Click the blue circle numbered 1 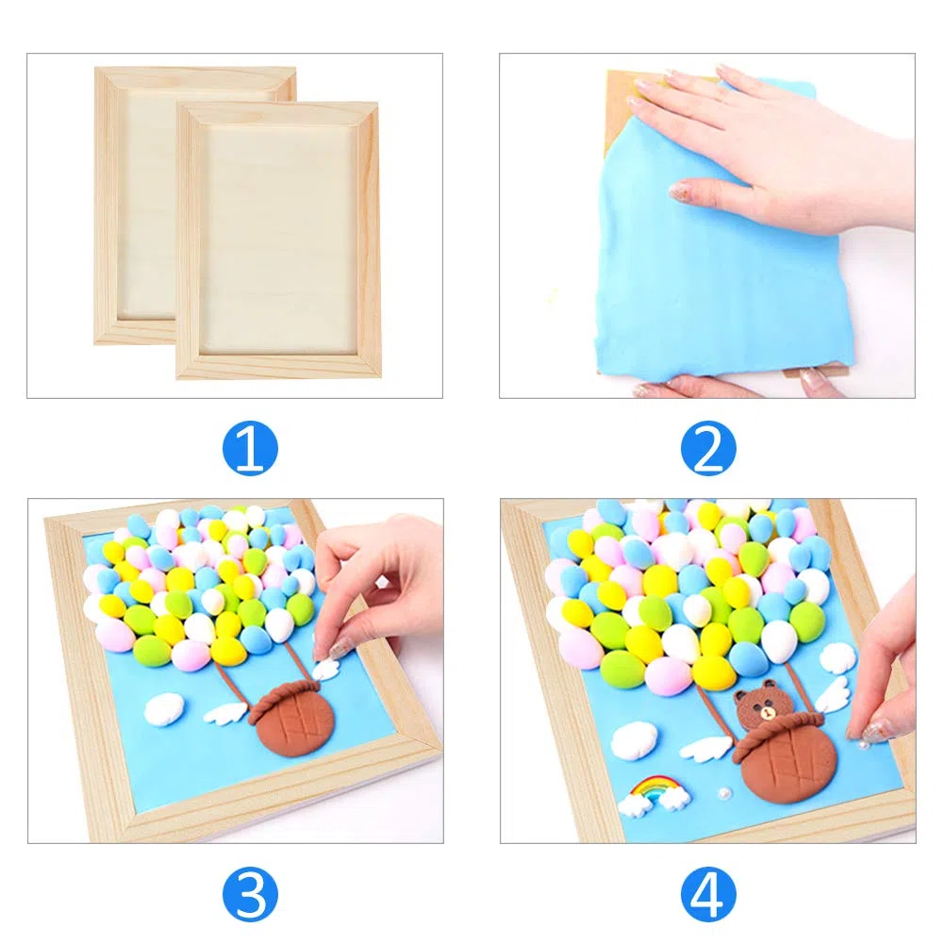click(x=250, y=449)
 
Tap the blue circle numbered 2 click(x=708, y=449)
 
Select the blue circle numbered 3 click(x=250, y=893)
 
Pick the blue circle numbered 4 click(x=708, y=893)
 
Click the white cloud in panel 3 click(x=164, y=708)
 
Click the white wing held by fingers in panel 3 click(x=325, y=668)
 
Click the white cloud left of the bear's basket click(x=635, y=738)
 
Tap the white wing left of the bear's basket click(x=704, y=747)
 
